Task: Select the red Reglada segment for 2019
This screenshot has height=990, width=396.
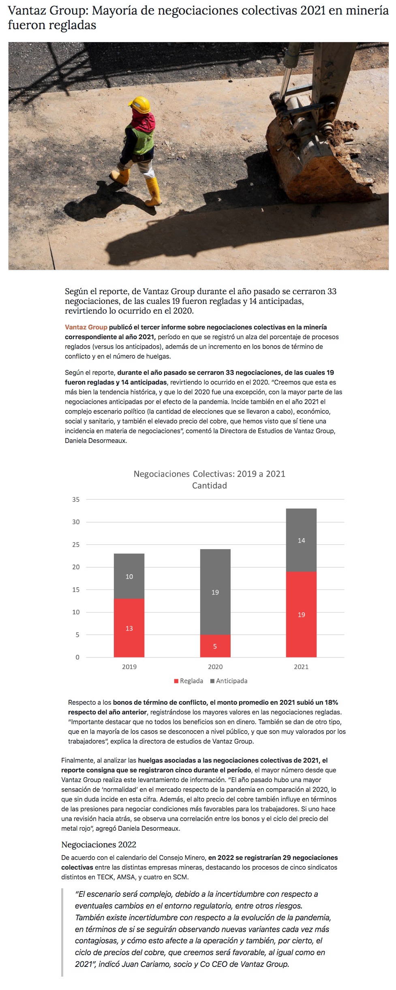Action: click(129, 628)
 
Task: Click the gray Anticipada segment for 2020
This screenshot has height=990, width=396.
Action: click(215, 592)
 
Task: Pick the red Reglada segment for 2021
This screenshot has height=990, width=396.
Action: click(301, 614)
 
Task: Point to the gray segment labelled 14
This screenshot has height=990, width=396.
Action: click(301, 540)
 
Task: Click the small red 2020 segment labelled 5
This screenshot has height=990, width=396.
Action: click(215, 646)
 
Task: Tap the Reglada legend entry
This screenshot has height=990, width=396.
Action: click(188, 681)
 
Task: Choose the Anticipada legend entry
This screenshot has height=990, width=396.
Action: click(229, 681)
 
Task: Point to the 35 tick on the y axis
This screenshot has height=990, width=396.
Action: click(76, 500)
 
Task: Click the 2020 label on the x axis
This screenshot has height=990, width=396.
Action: click(215, 667)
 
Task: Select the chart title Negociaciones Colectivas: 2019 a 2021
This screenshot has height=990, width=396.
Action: click(209, 474)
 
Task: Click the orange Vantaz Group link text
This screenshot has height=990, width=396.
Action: click(86, 327)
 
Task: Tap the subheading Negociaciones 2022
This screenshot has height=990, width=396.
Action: click(98, 845)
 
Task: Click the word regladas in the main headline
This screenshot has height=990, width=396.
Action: click(76, 25)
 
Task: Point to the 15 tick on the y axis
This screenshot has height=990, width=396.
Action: click(76, 590)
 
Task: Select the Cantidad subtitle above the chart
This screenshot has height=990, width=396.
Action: click(209, 485)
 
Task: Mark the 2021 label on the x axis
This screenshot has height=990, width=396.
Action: click(301, 667)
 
